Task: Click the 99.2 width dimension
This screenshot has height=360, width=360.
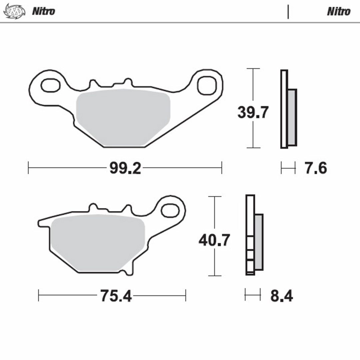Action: (125, 168)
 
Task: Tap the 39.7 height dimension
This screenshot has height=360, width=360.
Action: (253, 112)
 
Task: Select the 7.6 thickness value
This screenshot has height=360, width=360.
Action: (315, 168)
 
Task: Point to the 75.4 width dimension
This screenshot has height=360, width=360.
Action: (116, 296)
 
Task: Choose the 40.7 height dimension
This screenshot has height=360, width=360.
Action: (214, 240)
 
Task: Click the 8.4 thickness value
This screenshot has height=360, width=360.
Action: (281, 296)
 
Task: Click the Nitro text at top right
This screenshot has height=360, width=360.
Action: (339, 11)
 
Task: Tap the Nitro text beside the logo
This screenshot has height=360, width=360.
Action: (44, 11)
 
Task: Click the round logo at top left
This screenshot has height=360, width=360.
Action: (14, 11)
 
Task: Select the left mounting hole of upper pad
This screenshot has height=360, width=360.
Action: (51, 85)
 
